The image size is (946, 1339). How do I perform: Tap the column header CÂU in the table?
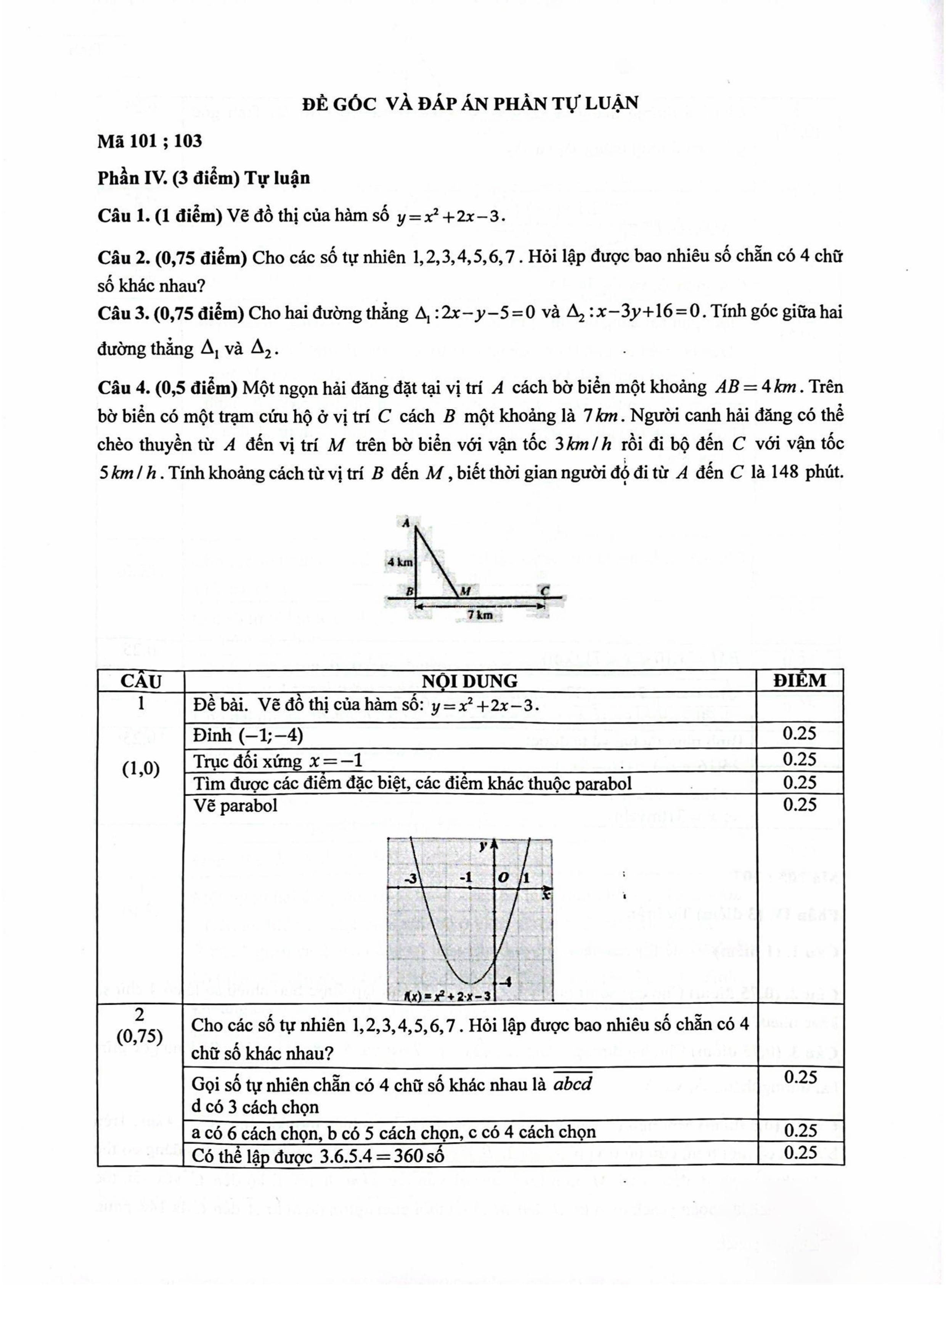click(x=140, y=681)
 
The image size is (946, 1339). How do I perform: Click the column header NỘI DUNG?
click(x=470, y=681)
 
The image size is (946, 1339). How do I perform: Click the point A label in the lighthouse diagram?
click(x=406, y=522)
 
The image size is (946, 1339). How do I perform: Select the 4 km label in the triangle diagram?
click(x=400, y=563)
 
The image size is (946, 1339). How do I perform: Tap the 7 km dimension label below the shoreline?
click(x=480, y=615)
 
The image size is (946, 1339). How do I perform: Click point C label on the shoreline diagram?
click(x=545, y=591)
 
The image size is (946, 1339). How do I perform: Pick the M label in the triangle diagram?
click(x=466, y=591)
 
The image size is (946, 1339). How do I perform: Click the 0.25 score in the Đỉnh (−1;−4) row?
click(x=799, y=734)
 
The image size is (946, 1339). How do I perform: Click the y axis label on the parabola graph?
click(x=483, y=846)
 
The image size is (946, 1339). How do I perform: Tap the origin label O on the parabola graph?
click(x=504, y=877)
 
